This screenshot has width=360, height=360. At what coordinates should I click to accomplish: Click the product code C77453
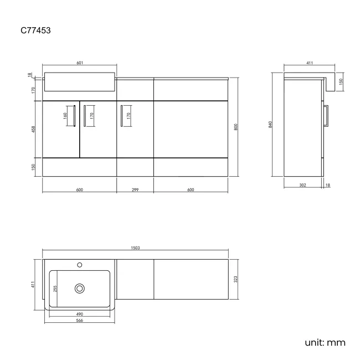coord(35,30)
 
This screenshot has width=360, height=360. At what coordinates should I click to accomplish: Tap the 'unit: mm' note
coord(325,342)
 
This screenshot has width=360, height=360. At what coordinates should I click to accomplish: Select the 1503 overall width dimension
coord(135,248)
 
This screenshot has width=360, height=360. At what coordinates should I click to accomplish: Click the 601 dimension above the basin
coord(80,63)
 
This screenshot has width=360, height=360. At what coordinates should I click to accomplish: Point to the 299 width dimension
coord(135,189)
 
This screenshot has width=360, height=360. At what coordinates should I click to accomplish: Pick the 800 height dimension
coord(235,127)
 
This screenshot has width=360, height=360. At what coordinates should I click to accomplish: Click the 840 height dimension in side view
coord(270,125)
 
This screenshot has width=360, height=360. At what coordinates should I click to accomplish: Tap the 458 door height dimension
coord(34,129)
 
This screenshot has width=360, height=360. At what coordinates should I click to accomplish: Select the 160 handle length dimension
coord(65,116)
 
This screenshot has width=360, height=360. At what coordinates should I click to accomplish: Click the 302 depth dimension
coord(302,185)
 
